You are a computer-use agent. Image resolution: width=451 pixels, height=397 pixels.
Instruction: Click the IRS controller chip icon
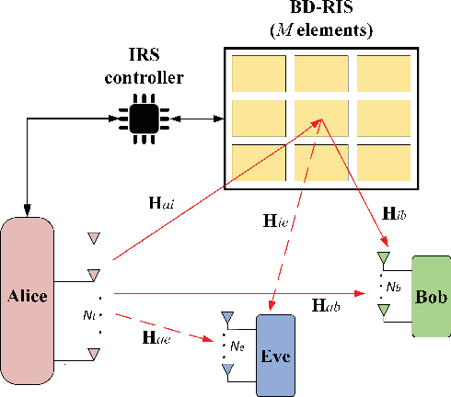[144, 119]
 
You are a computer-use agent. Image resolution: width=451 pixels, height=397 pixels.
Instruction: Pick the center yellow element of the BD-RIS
[318, 117]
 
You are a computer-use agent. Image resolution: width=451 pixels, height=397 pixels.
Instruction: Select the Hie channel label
[273, 221]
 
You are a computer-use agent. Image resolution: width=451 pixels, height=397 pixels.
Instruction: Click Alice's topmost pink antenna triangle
[92, 239]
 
